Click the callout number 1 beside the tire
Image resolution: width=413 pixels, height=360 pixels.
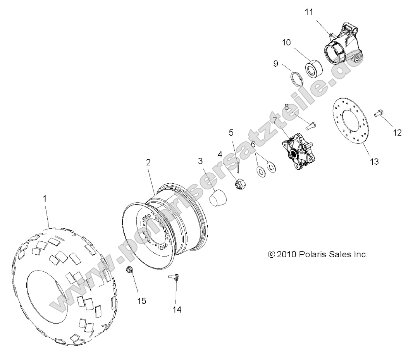tap(45, 199)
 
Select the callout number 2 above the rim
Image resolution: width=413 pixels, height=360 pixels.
tap(148, 163)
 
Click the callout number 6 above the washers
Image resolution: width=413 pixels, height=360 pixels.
tap(253, 144)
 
